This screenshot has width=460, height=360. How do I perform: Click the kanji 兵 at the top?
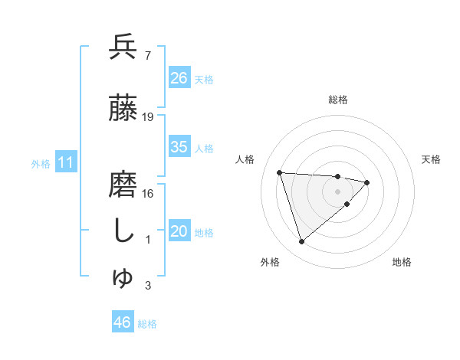click(123, 48)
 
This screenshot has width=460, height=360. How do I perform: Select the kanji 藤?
click(123, 110)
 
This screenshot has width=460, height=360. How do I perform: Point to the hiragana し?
click(123, 232)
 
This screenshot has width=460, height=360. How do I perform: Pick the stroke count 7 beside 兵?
click(147, 56)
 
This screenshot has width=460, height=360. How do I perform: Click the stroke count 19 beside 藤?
click(149, 117)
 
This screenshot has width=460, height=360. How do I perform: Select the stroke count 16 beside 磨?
click(149, 194)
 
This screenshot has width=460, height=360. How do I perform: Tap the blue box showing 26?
click(179, 78)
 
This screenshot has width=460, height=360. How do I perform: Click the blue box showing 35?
click(179, 147)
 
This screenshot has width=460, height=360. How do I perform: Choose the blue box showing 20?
click(179, 232)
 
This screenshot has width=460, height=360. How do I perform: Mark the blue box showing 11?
click(66, 162)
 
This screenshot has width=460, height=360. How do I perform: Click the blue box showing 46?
click(123, 322)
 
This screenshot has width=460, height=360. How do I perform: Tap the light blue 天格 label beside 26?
click(204, 79)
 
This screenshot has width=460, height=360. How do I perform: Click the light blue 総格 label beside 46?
click(147, 323)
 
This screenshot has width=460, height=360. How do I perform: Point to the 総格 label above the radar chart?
click(337, 100)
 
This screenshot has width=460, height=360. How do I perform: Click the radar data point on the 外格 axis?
click(302, 242)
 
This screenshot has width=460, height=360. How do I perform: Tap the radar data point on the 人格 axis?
click(280, 172)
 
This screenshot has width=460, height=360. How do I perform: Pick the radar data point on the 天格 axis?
click(367, 182)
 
